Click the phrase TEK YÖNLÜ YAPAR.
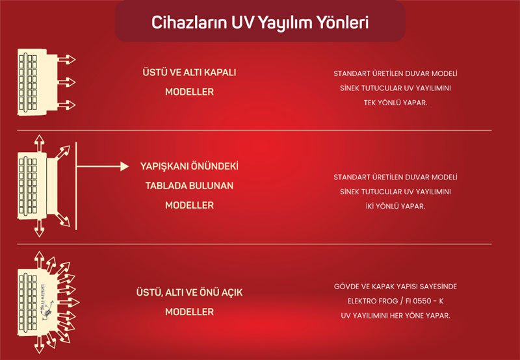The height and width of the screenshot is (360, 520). tap(395, 103)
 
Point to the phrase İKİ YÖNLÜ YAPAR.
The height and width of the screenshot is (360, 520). tap(395, 206)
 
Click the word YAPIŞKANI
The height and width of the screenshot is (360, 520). tap(164, 166)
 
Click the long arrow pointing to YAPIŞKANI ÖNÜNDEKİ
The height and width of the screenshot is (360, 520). tap(103, 166)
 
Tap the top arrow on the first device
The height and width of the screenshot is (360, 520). tap(66, 60)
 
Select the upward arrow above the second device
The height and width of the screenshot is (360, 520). tap(39, 143)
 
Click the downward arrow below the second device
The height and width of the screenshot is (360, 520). tap(39, 228)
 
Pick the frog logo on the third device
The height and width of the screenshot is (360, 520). tap(47, 310)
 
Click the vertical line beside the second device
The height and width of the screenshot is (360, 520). tap(76, 186)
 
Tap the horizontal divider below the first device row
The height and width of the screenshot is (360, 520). tap(254, 130)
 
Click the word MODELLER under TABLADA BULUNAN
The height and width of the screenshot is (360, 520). tap(189, 205)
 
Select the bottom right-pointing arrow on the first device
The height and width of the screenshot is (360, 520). tap(66, 105)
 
